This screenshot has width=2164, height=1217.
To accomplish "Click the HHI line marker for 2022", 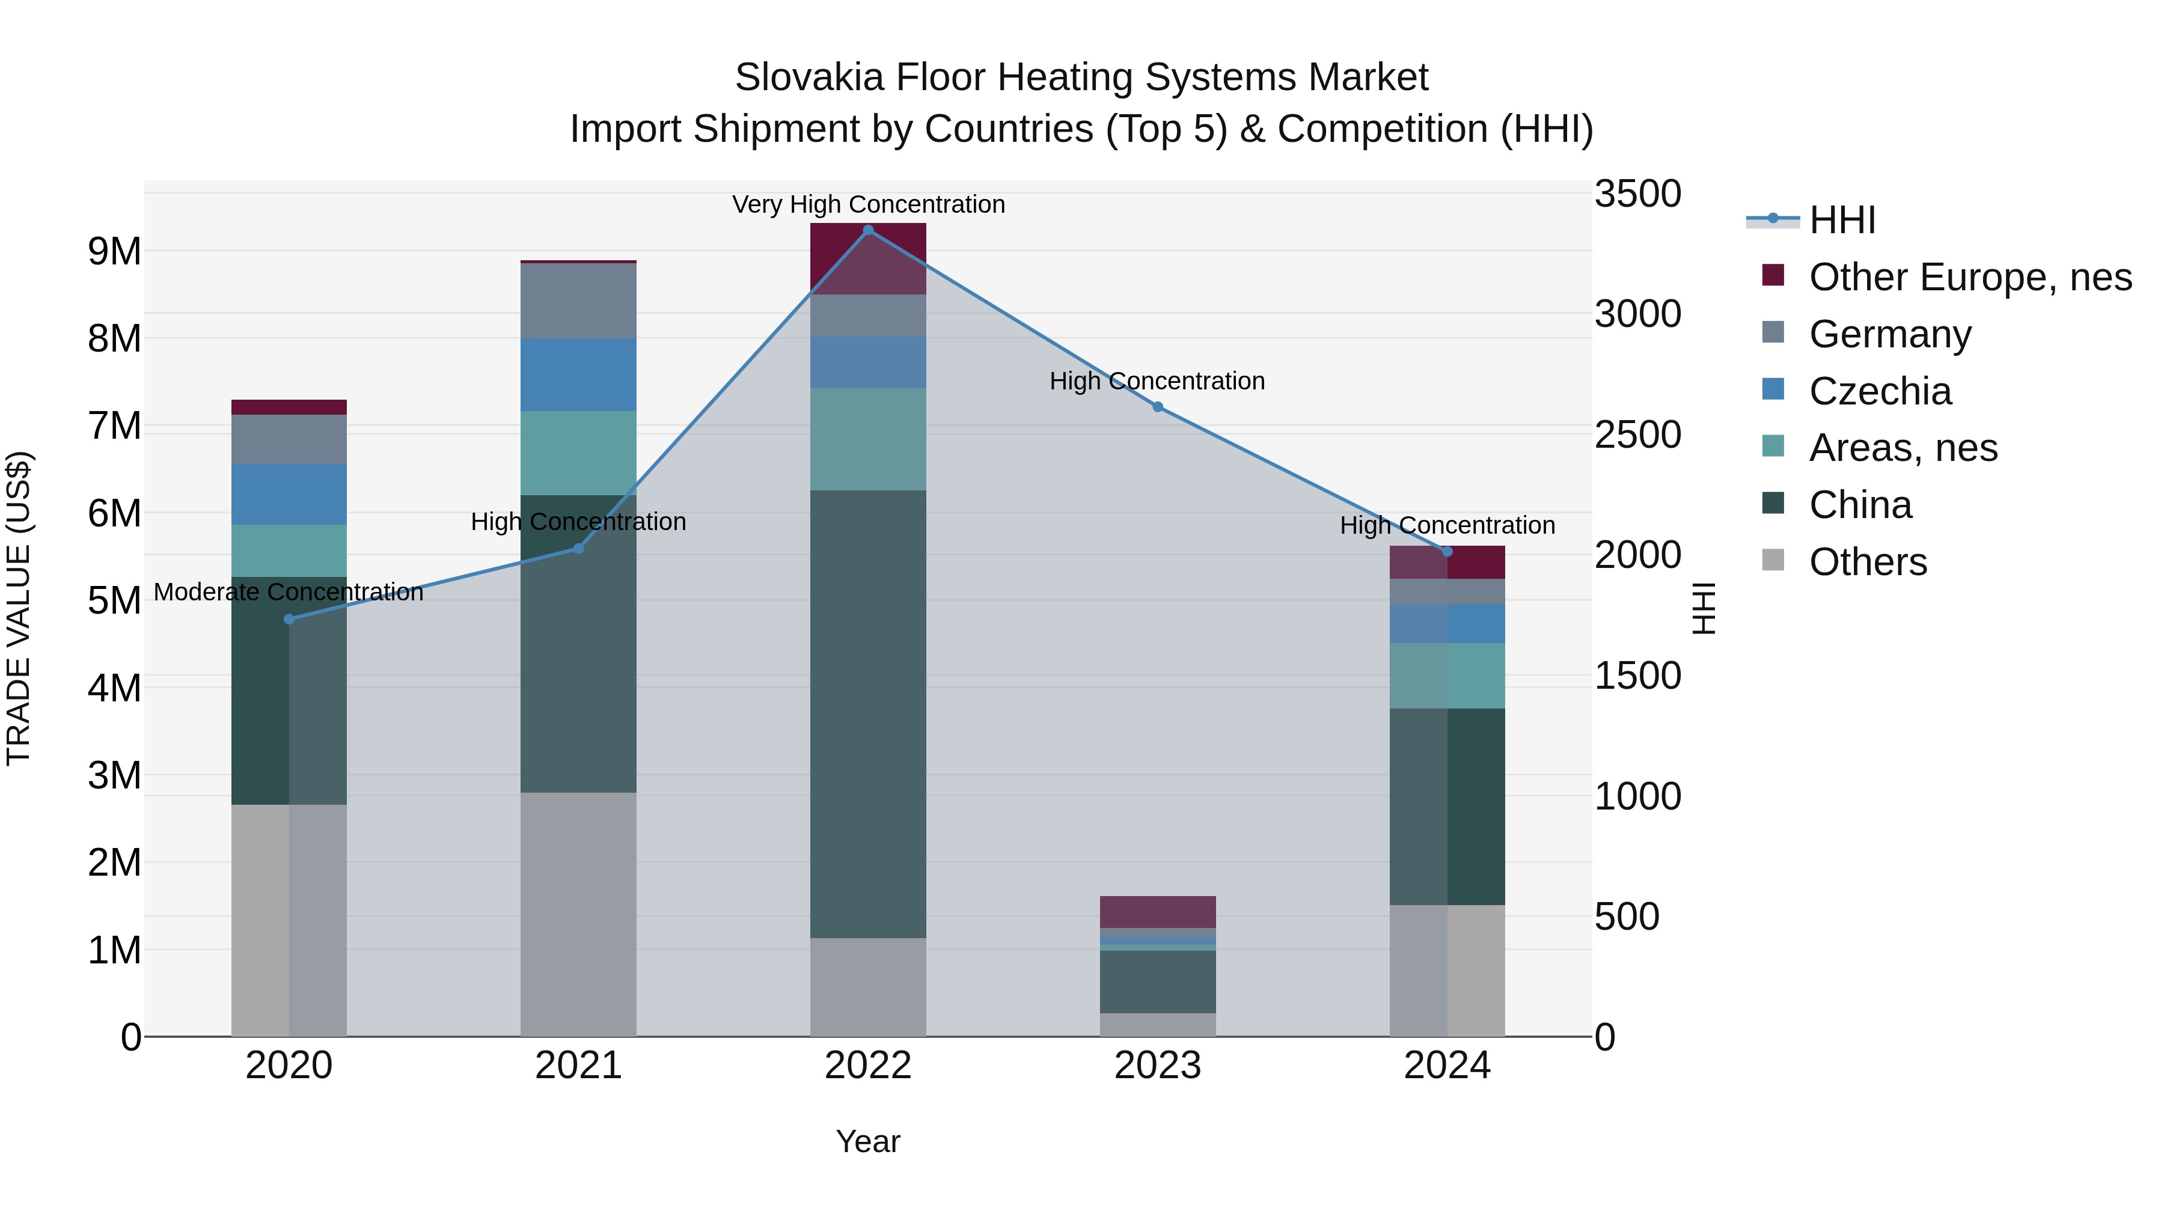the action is pos(868,230).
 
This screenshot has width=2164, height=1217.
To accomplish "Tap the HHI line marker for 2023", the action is pos(1158,406).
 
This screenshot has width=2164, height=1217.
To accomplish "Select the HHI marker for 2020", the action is pos(289,619).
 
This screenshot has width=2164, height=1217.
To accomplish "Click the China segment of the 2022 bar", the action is pos(868,714).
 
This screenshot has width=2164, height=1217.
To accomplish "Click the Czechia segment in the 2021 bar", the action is pos(578,374).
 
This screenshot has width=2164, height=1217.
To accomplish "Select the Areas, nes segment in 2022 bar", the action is pos(868,439).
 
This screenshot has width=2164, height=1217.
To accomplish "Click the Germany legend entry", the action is pos(1890,334).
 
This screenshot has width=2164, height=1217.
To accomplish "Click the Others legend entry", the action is pos(1868,562).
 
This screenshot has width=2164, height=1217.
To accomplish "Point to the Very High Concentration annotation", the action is pos(868,204).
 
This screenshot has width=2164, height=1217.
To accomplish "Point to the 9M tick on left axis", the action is pos(115,251).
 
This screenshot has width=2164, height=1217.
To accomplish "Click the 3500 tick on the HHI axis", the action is pos(1637,194).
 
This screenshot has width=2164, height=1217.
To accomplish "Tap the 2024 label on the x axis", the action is pos(1447,1066).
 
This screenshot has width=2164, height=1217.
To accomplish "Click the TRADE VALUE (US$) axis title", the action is pos(19,608).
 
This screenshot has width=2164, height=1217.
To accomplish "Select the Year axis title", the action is pos(868,1141).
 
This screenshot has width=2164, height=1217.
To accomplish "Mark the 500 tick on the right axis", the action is pos(1627,917).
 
